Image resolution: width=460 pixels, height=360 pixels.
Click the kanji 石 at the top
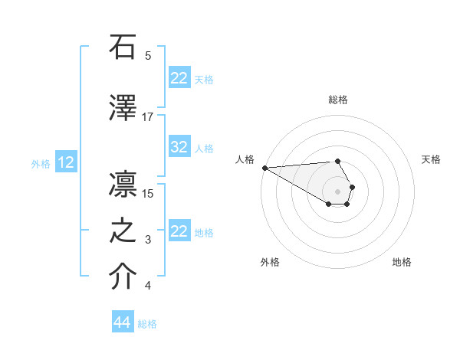point(123,47)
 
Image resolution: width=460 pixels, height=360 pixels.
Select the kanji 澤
point(123,108)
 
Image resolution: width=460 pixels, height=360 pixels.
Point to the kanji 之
point(123,231)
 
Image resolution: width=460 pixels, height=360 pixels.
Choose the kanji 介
point(123,277)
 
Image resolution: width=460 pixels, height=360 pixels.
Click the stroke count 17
point(148,116)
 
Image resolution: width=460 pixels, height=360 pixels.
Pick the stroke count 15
point(148,193)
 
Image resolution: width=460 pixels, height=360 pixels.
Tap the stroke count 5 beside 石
point(148,56)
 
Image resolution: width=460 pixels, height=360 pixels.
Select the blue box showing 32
point(179,148)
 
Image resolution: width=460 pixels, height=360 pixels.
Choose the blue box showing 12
point(66,162)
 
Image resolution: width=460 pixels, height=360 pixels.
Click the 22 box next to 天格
point(179,78)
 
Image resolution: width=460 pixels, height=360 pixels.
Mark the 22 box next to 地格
point(179,231)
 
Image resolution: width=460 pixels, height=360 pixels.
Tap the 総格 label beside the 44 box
point(147,324)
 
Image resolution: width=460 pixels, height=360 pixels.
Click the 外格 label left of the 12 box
point(41,163)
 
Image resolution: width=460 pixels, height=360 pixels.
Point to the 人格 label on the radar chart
point(245,159)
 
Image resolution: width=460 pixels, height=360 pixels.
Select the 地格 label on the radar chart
point(402,262)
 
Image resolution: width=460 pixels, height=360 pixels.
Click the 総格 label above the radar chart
point(337,100)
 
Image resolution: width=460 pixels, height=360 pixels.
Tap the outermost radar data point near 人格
point(264,168)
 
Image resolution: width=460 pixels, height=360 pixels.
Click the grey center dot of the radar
point(337,191)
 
